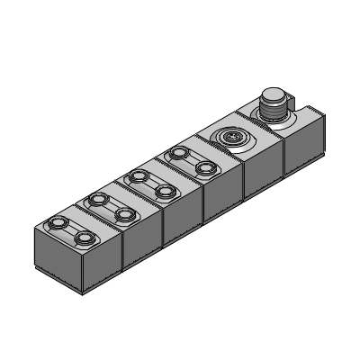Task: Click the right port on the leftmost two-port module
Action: [x=85, y=237]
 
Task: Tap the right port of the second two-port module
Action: [x=123, y=213]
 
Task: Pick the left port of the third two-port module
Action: [x=137, y=176]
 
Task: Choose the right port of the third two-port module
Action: [x=164, y=191]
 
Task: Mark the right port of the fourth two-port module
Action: [x=205, y=167]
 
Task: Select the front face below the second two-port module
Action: [x=141, y=245]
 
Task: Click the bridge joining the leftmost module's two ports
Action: [x=72, y=229]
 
